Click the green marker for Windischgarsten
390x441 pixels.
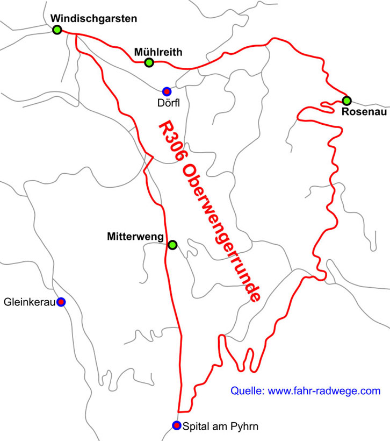click(57, 30)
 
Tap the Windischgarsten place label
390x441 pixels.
click(94, 18)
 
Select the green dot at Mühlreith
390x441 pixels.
click(149, 63)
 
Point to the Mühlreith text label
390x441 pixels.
click(158, 52)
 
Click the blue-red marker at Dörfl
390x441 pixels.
click(167, 91)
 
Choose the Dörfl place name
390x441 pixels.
click(168, 102)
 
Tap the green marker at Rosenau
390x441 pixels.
click(347, 101)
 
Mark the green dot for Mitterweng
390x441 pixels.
click(172, 245)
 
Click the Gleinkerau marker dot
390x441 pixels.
click(61, 302)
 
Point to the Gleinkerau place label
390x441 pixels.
click(30, 302)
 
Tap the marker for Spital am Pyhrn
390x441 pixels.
click(176, 426)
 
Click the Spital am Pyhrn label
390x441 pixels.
click(221, 426)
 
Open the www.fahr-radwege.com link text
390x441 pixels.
click(324, 391)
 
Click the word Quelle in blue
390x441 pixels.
click(247, 391)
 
